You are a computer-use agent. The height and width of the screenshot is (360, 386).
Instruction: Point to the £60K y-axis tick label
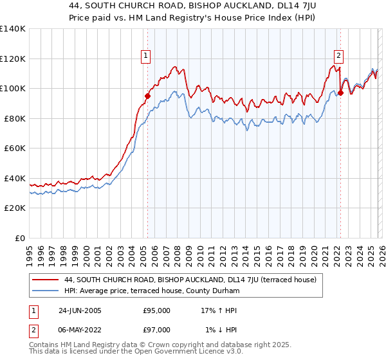[x=15, y=148]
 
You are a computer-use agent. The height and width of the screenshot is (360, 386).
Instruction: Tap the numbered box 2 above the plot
[x=338, y=57]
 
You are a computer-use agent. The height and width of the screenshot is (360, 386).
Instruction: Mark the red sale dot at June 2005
[x=147, y=96]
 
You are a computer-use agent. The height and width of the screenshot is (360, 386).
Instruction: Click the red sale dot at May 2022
[x=340, y=93]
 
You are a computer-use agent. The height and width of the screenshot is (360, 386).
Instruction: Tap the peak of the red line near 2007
[x=174, y=66]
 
